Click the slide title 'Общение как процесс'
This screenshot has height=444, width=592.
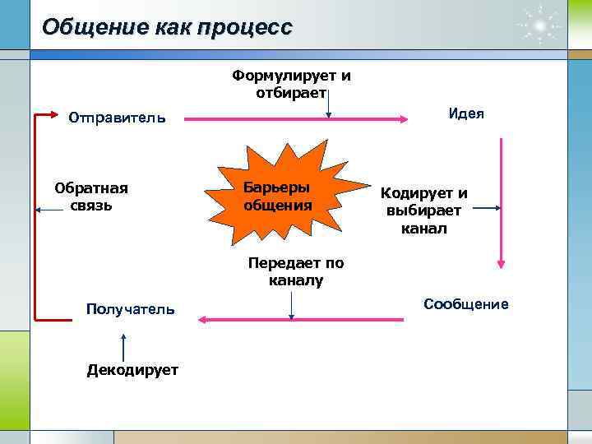tap(167, 27)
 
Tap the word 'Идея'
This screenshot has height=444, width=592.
tap(466, 113)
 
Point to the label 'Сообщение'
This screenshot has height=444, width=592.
tap(466, 304)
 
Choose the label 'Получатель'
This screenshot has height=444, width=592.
tap(131, 308)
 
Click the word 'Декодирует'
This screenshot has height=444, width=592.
tap(132, 370)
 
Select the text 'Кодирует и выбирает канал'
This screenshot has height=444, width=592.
tap(424, 210)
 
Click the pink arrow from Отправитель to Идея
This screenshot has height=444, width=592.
tap(296, 120)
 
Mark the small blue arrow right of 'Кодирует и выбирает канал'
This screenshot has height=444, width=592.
tap(488, 209)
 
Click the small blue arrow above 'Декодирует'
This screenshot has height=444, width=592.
tap(123, 345)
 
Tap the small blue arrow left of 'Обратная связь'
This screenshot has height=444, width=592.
tap(49, 210)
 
